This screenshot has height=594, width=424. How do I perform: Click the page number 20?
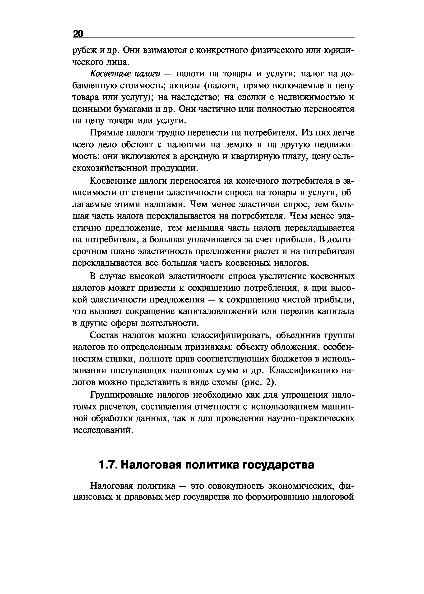coord(78,34)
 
